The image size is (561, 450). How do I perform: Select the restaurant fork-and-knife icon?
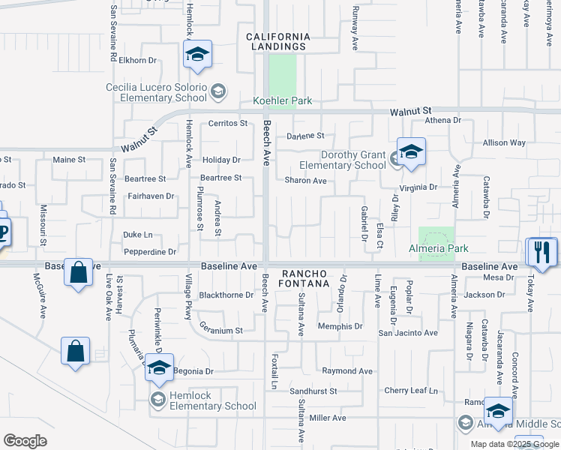542,252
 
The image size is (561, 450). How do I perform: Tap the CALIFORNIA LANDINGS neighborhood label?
277,41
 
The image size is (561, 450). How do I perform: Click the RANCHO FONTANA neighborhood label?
305,278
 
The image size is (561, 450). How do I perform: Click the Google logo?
25,441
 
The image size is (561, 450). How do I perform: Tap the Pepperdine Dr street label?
150,252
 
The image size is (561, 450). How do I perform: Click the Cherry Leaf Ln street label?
410,391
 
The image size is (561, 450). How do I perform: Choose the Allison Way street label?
504,142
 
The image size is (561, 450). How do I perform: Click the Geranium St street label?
221,330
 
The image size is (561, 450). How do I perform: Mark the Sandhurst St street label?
313,391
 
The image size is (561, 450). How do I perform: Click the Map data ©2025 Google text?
515,444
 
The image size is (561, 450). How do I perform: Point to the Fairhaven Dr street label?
151,196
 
